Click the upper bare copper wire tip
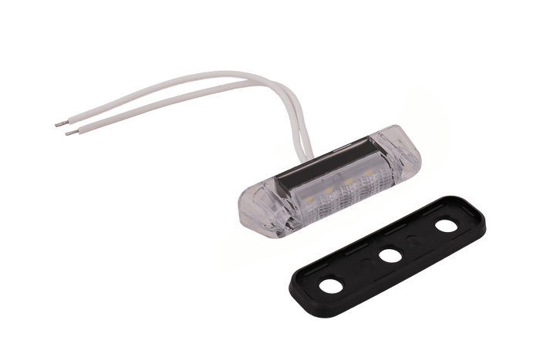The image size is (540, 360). pos(56,124)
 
